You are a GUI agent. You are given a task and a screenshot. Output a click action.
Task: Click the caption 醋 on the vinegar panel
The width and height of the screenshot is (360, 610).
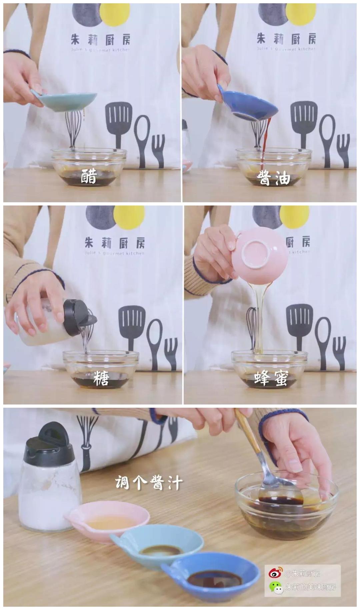(89, 176)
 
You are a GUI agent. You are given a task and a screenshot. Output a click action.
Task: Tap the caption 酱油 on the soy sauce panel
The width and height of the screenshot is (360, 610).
(274, 179)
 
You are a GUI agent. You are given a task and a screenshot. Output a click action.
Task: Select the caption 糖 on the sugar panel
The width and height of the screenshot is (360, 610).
(101, 378)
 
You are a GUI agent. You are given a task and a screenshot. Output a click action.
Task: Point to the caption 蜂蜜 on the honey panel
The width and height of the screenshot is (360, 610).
(271, 378)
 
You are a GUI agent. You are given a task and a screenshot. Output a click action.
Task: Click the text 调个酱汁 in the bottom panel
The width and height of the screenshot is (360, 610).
(149, 482)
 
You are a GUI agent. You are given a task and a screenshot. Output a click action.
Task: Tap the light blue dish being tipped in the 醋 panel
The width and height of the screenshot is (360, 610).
(69, 100)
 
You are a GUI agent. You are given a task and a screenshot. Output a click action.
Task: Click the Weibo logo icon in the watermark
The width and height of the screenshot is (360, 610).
(275, 573)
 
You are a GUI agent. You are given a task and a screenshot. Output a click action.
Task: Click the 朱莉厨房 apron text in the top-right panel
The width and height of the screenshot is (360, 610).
(286, 39)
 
